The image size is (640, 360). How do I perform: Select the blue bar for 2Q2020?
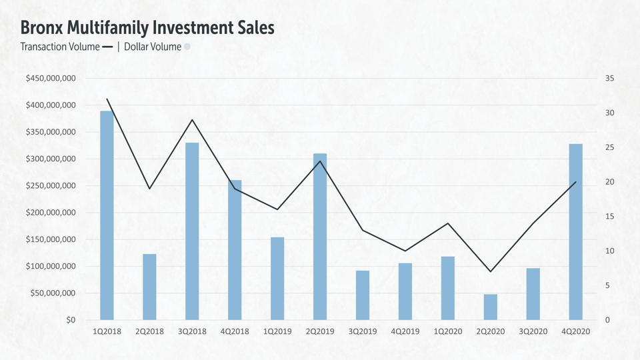491,307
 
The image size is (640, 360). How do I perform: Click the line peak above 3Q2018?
192,120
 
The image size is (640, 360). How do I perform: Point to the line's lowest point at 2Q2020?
491,271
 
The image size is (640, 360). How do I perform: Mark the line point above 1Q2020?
448,223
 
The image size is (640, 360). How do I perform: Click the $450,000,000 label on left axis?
51,79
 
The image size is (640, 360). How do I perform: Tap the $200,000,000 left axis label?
51,213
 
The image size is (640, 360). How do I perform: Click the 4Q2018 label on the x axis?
235,331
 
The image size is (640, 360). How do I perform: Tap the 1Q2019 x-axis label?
277,331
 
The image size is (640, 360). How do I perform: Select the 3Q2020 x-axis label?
533,331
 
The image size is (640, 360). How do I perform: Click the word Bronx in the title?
41,28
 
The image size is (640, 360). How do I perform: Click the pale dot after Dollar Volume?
187,47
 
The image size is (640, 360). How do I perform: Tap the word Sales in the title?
253,28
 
